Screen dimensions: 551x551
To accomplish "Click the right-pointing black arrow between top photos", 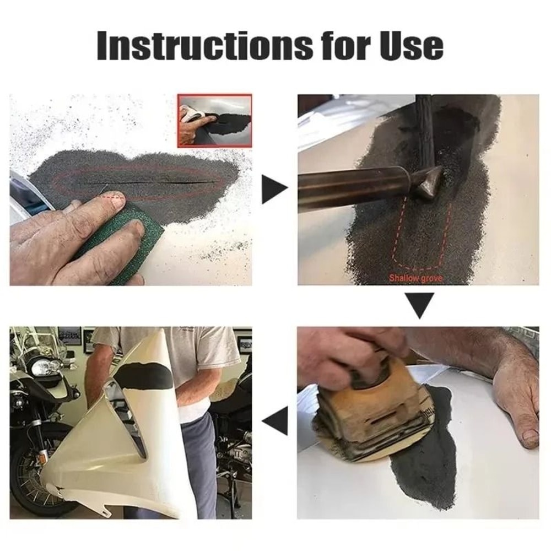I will coord(274,190).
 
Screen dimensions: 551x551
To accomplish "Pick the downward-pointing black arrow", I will coord(420,305).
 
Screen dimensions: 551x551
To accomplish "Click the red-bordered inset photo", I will coord(214,121).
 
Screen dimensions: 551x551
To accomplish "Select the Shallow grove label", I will coord(415,278).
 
